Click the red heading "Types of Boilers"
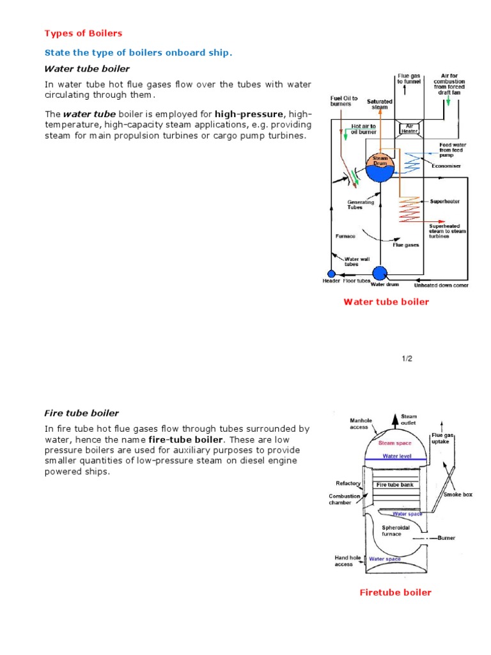[82, 33]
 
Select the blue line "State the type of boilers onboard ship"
[138, 52]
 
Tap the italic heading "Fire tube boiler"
[81, 413]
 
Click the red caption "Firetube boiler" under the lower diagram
[395, 592]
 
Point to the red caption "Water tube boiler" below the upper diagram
[386, 302]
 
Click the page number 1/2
[407, 358]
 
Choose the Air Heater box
[409, 128]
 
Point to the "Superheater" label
[444, 201]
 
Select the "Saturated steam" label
[380, 104]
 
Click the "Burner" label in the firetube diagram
[446, 538]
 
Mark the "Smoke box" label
[457, 495]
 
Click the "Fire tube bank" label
[394, 485]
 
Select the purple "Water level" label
[398, 457]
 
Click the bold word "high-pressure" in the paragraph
[249, 114]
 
